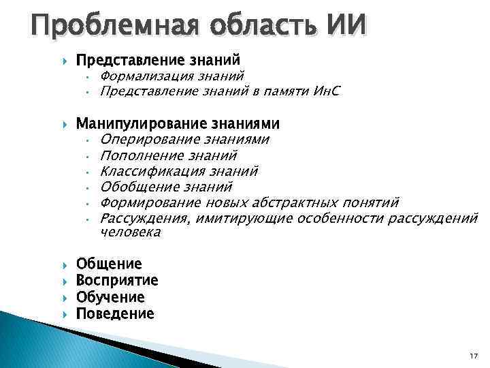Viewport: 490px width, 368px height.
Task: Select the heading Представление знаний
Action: pyautogui.click(x=158, y=61)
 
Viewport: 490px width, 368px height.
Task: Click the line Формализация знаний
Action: pyautogui.click(x=171, y=76)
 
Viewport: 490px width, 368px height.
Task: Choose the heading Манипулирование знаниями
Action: pyautogui.click(x=178, y=124)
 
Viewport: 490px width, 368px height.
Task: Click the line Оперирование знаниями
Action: pyautogui.click(x=184, y=140)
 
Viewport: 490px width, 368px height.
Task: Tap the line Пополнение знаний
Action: pyautogui.click(x=168, y=155)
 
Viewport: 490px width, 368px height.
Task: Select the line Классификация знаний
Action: pyautogui.click(x=178, y=171)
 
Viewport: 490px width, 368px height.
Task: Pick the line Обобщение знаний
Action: pyautogui.click(x=166, y=187)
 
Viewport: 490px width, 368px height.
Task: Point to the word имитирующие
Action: pyautogui.click(x=246, y=218)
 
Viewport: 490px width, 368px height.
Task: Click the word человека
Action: pyautogui.click(x=130, y=232)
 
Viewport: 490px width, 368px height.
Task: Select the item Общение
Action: pyautogui.click(x=109, y=264)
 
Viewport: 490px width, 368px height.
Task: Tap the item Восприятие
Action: pyautogui.click(x=117, y=281)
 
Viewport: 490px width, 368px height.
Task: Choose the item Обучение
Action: pyautogui.click(x=110, y=298)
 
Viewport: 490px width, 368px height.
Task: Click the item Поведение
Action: pyautogui.click(x=115, y=314)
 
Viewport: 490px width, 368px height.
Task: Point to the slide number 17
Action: pyautogui.click(x=474, y=356)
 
